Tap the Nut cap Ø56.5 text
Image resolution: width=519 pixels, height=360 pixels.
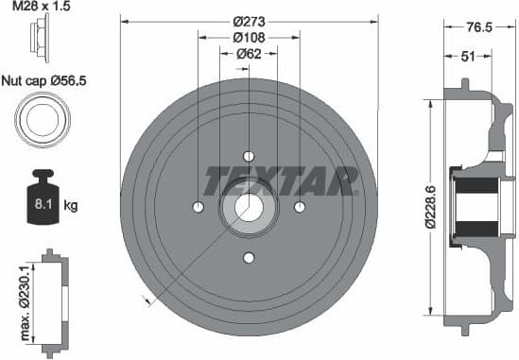[43, 81]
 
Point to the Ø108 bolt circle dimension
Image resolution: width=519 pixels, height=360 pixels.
[249, 38]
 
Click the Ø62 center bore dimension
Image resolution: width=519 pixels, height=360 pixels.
[249, 54]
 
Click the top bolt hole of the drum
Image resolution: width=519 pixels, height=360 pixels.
[249, 156]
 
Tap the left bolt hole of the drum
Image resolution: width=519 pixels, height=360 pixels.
[199, 207]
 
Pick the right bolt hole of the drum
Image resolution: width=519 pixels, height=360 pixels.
[300, 207]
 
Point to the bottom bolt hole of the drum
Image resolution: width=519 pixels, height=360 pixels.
[249, 258]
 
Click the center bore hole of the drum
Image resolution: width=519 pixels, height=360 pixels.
[249, 207]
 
